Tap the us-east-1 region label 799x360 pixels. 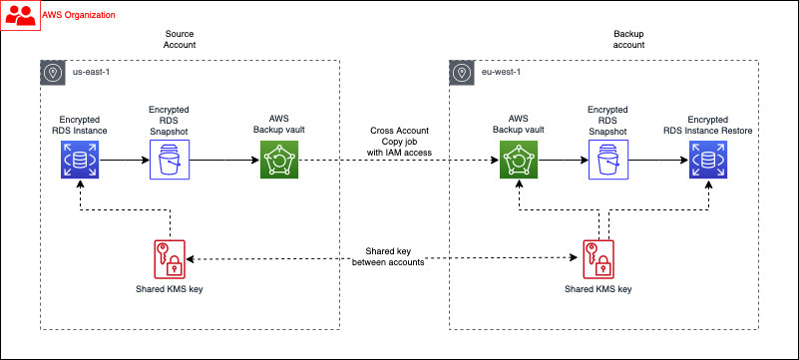pyautogui.click(x=93, y=72)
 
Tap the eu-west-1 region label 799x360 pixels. pyautogui.click(x=503, y=72)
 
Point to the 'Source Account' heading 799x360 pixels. pyautogui.click(x=180, y=39)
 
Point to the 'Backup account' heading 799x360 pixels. pyautogui.click(x=628, y=39)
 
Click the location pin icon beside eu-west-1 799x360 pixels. pyautogui.click(x=462, y=73)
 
